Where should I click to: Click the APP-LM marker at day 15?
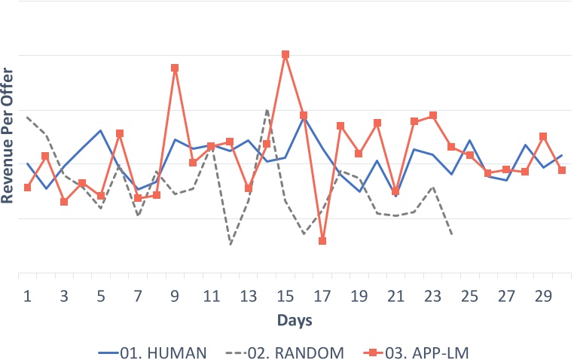coord(285,54)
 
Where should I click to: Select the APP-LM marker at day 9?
coord(175,68)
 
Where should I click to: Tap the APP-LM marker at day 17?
coord(322,241)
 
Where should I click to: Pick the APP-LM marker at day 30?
coord(562,170)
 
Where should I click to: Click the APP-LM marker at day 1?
coord(27,188)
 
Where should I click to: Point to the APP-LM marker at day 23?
coord(433,115)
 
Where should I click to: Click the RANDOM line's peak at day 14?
coord(267,110)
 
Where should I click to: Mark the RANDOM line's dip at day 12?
coord(231,244)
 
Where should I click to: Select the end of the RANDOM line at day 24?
coord(451,234)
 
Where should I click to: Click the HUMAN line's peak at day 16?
coord(304,116)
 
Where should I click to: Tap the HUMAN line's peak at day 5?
coord(101,130)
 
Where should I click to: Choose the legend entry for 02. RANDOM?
coord(299,350)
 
